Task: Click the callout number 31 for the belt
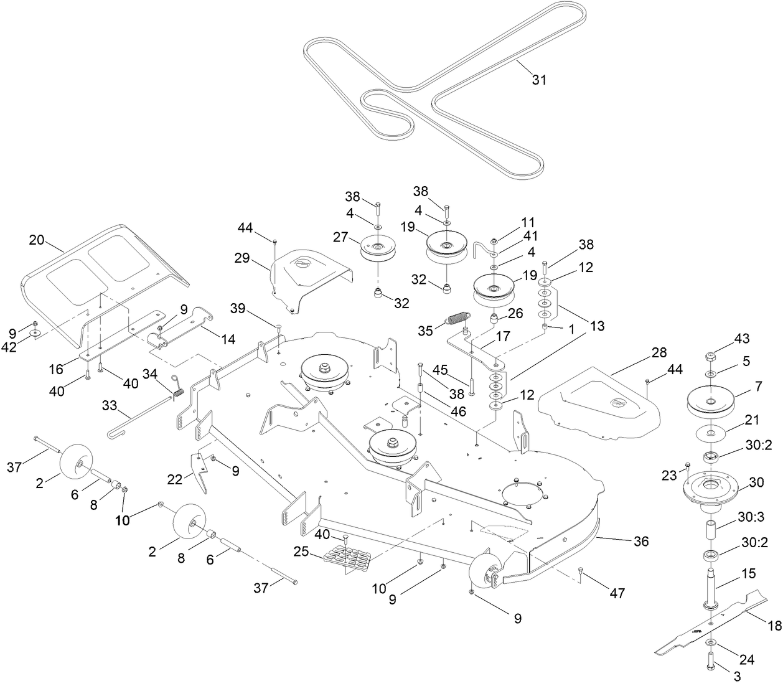click(x=539, y=80)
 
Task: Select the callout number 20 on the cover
click(x=37, y=239)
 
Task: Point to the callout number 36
click(x=640, y=542)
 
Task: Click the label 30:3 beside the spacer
click(x=749, y=516)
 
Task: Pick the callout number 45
click(x=440, y=370)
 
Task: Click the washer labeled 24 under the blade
click(x=711, y=642)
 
